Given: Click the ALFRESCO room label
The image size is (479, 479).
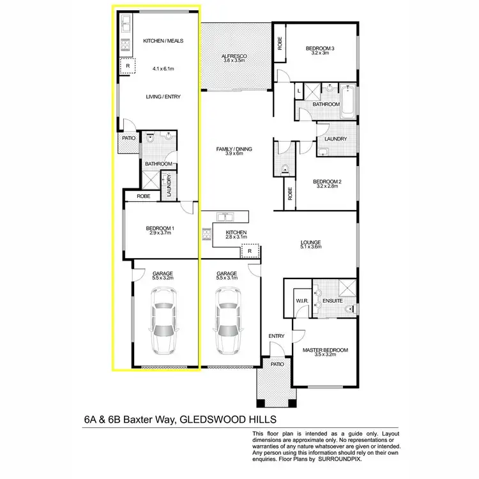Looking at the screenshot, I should (x=234, y=56).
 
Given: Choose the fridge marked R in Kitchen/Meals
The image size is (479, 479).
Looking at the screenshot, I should (x=128, y=65).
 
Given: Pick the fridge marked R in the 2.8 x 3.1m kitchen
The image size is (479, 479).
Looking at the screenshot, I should (x=251, y=251).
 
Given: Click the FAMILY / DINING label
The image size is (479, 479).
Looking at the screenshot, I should (x=234, y=149).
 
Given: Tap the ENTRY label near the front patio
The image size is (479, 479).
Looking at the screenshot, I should (x=276, y=336).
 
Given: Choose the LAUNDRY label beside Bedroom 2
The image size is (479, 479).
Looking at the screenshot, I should (x=335, y=139).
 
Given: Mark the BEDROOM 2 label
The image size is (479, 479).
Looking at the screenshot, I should (x=327, y=181).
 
